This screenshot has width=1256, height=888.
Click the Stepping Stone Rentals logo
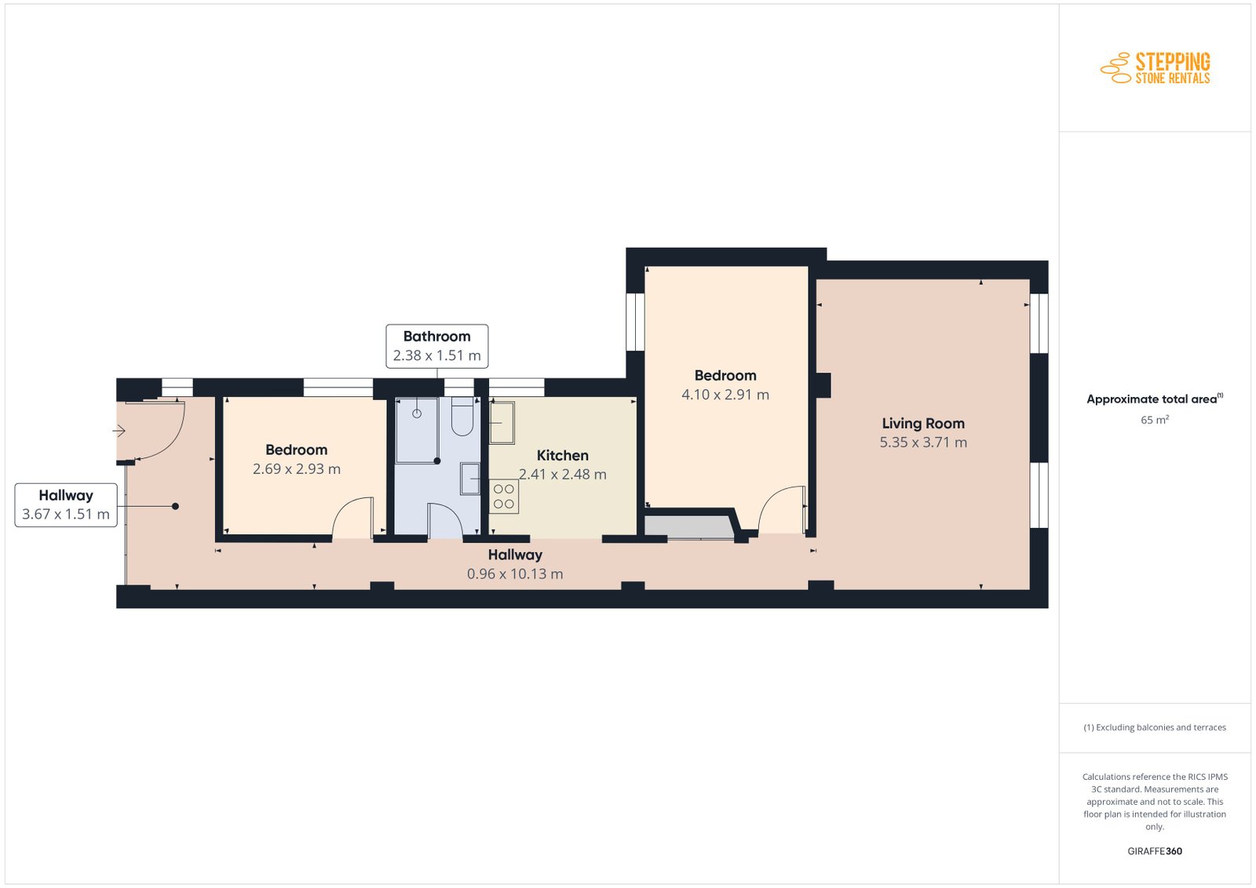[x=1155, y=68]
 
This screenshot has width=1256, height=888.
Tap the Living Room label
[x=923, y=424]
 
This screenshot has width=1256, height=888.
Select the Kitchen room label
[x=562, y=456]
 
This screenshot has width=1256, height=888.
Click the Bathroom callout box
[x=436, y=346]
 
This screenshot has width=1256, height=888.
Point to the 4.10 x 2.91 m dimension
[x=725, y=395]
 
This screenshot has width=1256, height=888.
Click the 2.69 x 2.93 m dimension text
[x=296, y=469]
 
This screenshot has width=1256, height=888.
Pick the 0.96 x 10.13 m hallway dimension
[x=515, y=573]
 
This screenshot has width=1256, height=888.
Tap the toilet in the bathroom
[x=462, y=417]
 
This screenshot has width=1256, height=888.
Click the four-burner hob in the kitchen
[x=503, y=497]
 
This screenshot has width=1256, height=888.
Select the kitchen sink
[x=502, y=423]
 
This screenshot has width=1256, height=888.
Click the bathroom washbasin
[x=470, y=479]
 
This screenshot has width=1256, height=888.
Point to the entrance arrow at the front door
[x=119, y=431]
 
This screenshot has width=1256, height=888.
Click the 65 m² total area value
[x=1155, y=420]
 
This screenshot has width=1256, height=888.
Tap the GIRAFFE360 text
[x=1155, y=851]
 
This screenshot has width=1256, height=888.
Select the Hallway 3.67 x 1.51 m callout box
[x=66, y=505]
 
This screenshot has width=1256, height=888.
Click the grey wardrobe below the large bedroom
[x=689, y=527]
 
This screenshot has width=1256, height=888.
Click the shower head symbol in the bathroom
[x=417, y=413]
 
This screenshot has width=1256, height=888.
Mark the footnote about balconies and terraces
[x=1155, y=727]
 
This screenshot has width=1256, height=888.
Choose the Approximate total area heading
[x=1155, y=399]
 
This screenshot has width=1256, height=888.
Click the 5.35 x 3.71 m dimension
[x=923, y=442]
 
